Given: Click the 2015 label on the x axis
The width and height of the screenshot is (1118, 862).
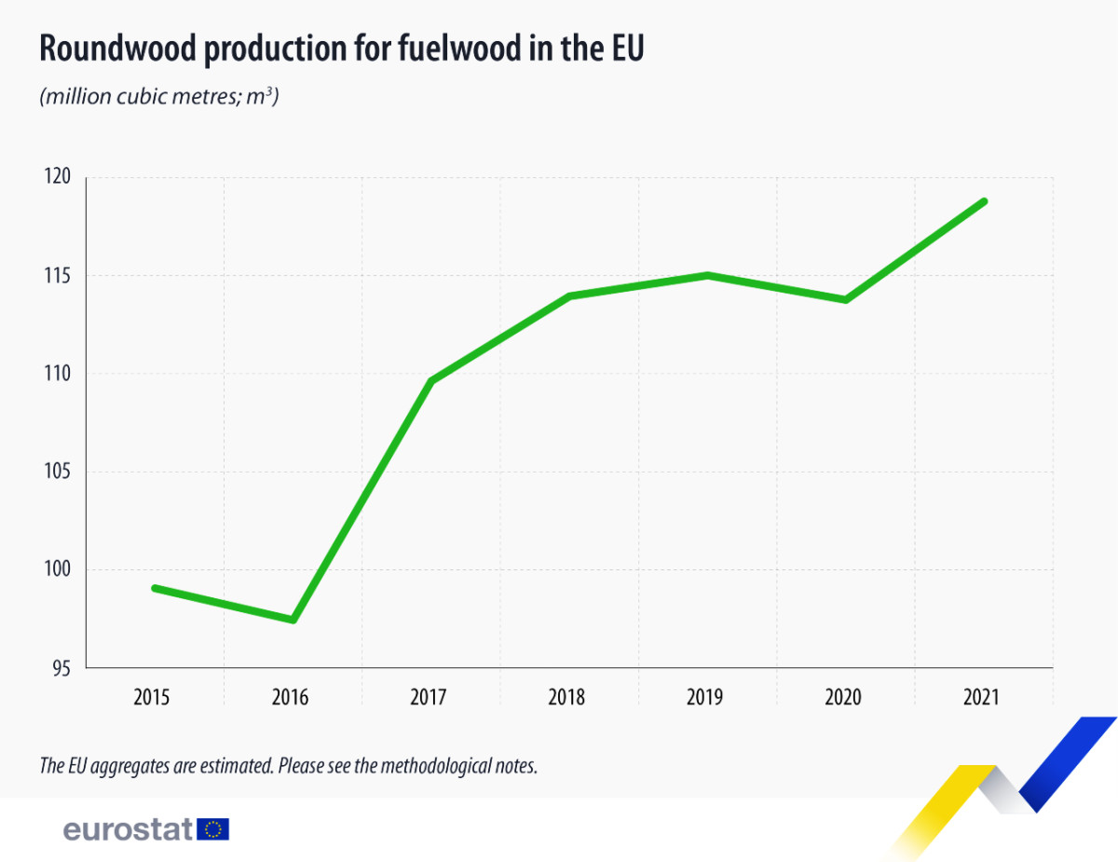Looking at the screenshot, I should click(x=151, y=697).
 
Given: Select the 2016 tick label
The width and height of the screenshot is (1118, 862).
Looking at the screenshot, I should click(x=290, y=697).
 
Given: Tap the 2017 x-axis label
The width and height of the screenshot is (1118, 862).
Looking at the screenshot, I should click(x=429, y=697).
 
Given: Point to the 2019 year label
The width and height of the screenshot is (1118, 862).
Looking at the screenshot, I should click(x=705, y=697).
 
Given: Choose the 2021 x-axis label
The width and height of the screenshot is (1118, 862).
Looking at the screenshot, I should click(x=982, y=697).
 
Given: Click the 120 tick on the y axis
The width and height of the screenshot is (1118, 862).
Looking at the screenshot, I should click(x=58, y=177).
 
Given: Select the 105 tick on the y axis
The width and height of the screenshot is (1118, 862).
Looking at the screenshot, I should click(x=58, y=472).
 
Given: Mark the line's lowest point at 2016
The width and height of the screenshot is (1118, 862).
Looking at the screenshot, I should click(x=293, y=620).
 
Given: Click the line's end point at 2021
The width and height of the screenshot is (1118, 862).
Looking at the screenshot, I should click(x=984, y=201).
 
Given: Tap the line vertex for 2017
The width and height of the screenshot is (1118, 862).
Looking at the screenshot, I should click(x=431, y=380).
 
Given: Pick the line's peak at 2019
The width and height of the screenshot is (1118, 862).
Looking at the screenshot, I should click(x=708, y=275).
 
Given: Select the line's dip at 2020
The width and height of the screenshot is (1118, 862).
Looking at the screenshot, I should click(x=846, y=299).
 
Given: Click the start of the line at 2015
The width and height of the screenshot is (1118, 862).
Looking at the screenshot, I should click(x=155, y=588).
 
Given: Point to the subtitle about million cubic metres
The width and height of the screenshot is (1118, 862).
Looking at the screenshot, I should click(x=159, y=97).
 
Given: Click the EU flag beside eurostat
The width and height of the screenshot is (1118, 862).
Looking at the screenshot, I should click(x=213, y=828).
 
